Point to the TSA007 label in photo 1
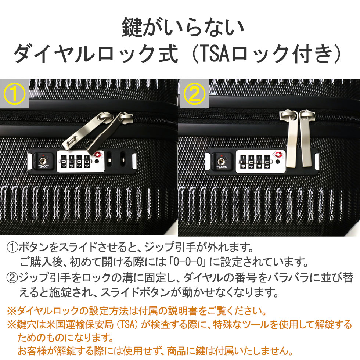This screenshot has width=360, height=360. (x=43, y=166)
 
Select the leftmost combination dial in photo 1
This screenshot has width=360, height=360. (x=62, y=161)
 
